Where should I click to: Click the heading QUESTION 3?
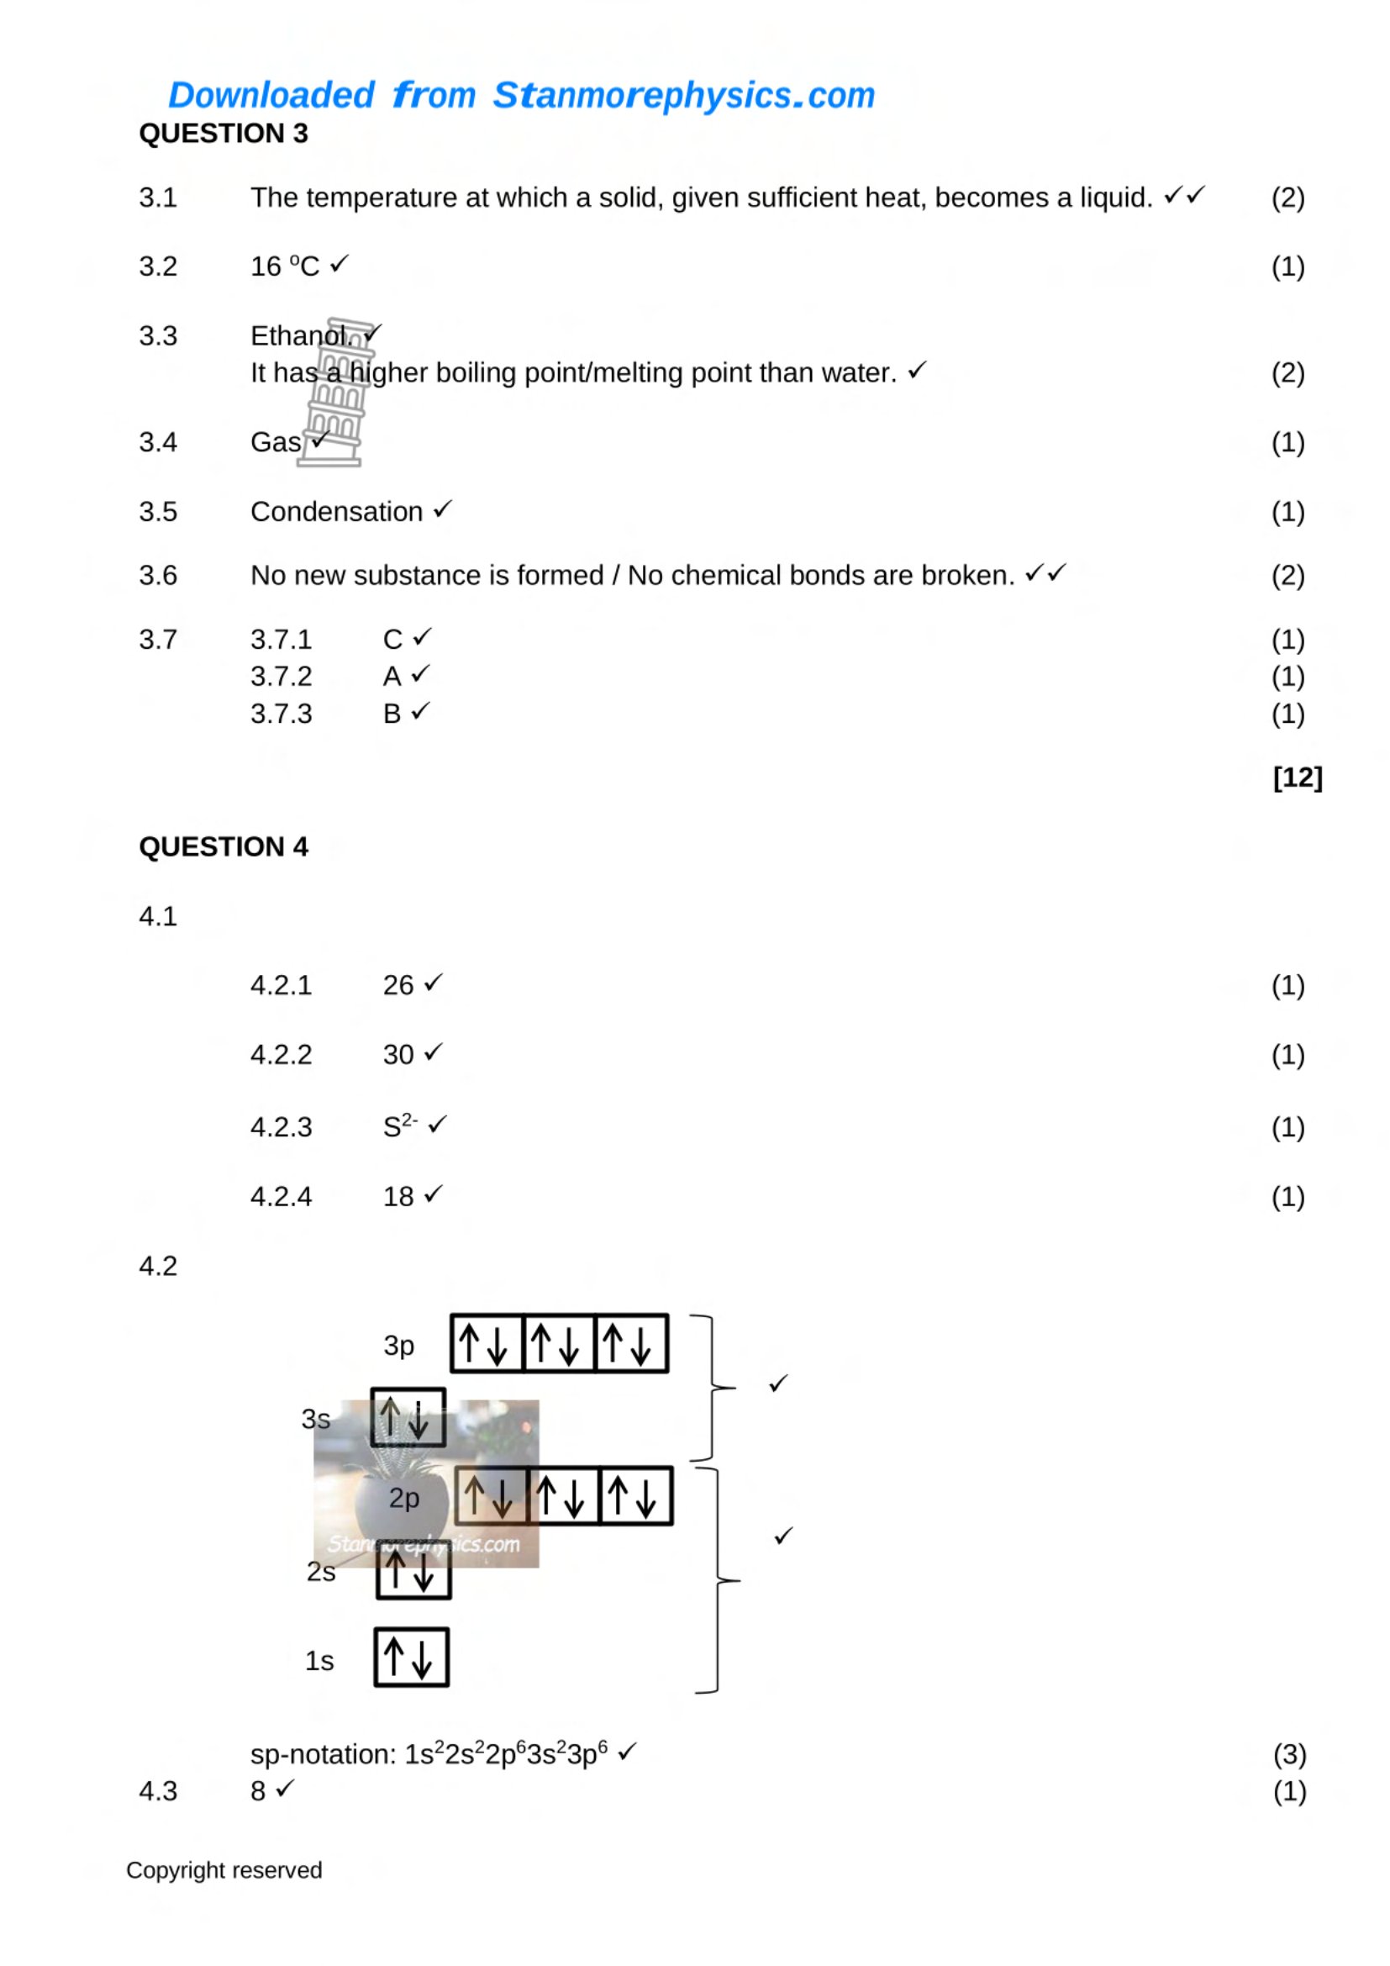coord(224,134)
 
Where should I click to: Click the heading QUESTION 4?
coord(224,847)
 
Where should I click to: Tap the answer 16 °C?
coord(285,266)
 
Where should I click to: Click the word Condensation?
coord(336,512)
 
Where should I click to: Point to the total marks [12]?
coord(1298,777)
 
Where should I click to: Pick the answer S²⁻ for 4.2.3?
coord(401,1125)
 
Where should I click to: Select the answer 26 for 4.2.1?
coord(398,986)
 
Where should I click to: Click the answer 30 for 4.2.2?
coord(398,1055)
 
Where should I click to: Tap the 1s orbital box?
coord(412,1658)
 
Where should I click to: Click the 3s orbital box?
coord(408,1417)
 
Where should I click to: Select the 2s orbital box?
coord(413,1568)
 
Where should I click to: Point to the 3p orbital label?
coord(399,1345)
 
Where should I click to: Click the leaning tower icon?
coord(334,393)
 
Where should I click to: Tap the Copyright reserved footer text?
coord(224,1870)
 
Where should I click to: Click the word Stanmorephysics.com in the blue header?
coord(684,95)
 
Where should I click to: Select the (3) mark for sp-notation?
coord(1290,1754)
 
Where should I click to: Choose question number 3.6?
coord(158,576)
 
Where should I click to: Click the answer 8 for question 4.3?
coord(258,1791)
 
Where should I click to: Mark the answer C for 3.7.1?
coord(392,640)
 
